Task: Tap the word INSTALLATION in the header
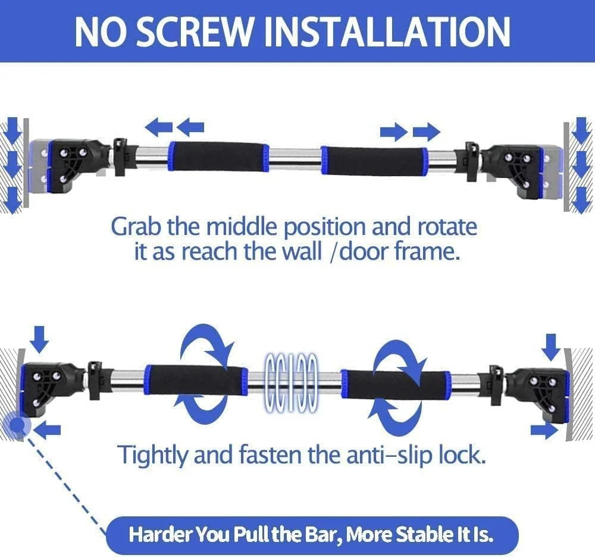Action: (x=387, y=32)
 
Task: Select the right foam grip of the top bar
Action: (x=375, y=160)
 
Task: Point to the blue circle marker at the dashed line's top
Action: (x=16, y=425)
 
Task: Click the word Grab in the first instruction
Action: (x=136, y=227)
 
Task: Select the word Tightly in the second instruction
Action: (x=152, y=455)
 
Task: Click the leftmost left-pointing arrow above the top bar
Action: (x=159, y=127)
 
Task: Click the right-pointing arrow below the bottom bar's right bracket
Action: (x=544, y=431)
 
